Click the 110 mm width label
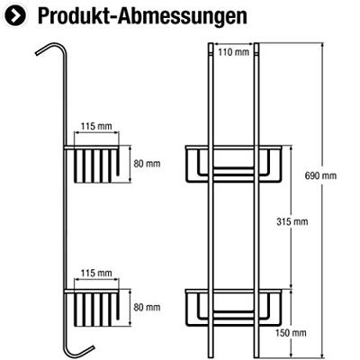tap(236, 51)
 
